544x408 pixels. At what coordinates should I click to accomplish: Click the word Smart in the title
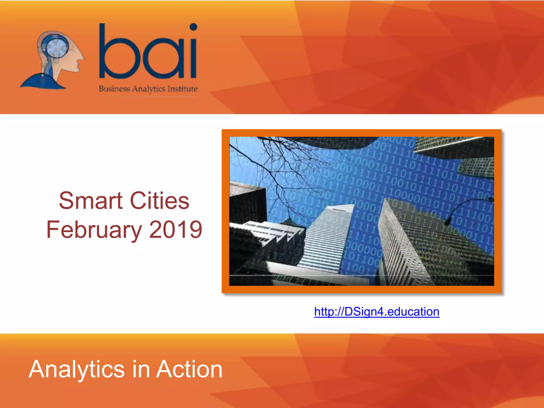tap(91, 201)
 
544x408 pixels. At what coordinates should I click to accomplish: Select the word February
tap(94, 230)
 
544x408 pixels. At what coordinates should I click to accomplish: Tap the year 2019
tap(176, 230)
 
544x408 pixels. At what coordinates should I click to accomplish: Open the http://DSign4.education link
tap(376, 312)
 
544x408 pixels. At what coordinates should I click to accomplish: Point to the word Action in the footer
tap(189, 369)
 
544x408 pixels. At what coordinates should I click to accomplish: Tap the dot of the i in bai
tap(193, 27)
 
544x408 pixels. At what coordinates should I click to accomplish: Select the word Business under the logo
tap(114, 89)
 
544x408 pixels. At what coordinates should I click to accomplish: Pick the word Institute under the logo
tap(182, 89)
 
